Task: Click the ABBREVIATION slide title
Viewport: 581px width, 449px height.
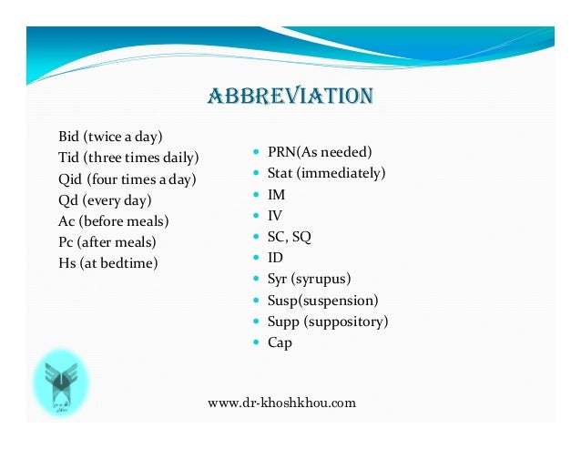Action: click(290, 97)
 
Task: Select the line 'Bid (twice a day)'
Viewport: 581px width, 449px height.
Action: click(110, 138)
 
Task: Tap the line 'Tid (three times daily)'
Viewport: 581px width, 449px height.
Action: click(128, 158)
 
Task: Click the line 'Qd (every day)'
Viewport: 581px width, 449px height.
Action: click(105, 200)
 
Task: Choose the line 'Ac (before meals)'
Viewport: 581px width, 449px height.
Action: click(114, 221)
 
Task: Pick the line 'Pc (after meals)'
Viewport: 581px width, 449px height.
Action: click(107, 242)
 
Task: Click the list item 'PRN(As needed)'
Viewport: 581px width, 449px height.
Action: click(320, 152)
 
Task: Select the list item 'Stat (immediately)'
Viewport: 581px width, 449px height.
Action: click(326, 173)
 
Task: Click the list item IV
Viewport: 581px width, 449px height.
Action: click(275, 216)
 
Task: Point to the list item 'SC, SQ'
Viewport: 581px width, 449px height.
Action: click(289, 237)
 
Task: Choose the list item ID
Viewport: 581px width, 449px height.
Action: click(275, 258)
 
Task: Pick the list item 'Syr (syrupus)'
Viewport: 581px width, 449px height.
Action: click(309, 279)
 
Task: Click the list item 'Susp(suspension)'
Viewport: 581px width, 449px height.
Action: click(322, 300)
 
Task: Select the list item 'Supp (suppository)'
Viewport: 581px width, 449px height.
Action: click(328, 321)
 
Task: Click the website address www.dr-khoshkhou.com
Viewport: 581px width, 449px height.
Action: click(281, 403)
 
